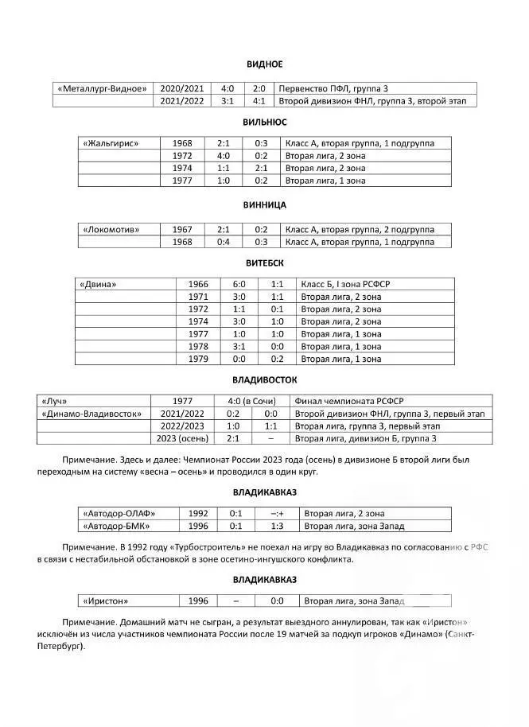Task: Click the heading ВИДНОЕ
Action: click(x=264, y=64)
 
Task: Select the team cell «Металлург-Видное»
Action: click(x=102, y=88)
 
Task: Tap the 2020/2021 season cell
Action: click(x=181, y=88)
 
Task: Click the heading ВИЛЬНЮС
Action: click(x=264, y=122)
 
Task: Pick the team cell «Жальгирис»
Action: click(x=111, y=143)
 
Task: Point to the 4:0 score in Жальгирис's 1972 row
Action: click(x=223, y=156)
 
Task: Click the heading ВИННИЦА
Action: click(x=264, y=205)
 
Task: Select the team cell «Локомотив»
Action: click(x=111, y=230)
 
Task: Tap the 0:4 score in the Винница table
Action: click(x=223, y=242)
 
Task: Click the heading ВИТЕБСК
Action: click(x=264, y=262)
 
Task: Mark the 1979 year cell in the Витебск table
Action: click(x=198, y=360)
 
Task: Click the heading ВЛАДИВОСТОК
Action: click(x=264, y=380)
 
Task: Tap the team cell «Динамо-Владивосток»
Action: click(x=92, y=414)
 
